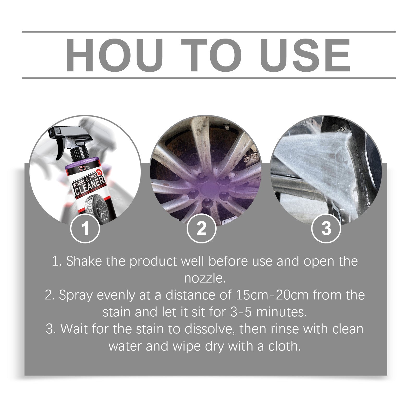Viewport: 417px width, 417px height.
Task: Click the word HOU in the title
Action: [x=115, y=55]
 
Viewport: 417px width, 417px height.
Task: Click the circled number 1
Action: [x=85, y=229]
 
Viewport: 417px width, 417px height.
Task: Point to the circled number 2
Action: [x=201, y=229]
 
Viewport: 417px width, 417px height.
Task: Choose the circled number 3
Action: [x=326, y=229]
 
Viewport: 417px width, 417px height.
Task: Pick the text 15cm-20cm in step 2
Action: [x=272, y=295]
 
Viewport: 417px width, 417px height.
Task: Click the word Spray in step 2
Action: [x=76, y=295]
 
